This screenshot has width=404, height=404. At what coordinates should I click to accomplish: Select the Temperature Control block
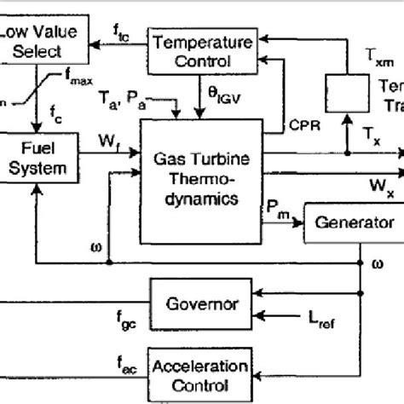203,50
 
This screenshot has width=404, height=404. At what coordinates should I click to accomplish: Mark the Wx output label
380,185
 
